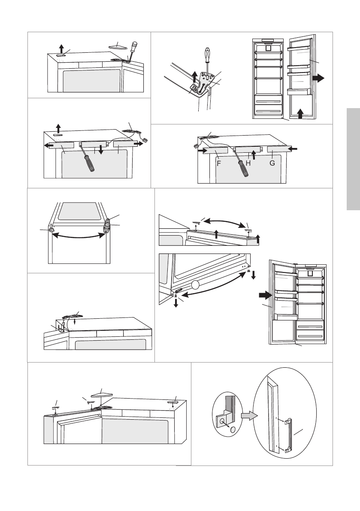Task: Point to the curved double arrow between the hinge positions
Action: pos(79,235)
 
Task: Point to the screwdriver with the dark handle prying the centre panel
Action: pos(88,161)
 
